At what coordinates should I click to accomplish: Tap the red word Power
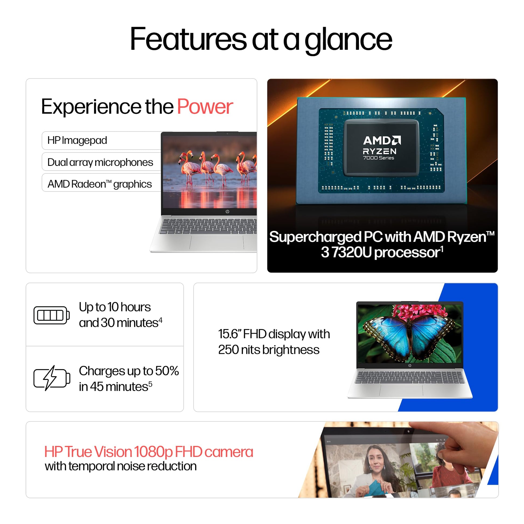(x=205, y=107)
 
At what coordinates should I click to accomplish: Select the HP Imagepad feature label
(x=77, y=141)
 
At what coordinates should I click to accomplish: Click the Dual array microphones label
(x=100, y=162)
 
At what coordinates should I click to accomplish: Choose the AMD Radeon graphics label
(x=100, y=184)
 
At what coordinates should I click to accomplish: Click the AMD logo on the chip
(x=382, y=140)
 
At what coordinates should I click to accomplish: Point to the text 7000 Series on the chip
(x=379, y=158)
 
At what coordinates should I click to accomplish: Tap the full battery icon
(x=51, y=315)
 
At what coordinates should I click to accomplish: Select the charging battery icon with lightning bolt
(x=51, y=378)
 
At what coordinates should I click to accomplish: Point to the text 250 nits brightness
(x=269, y=350)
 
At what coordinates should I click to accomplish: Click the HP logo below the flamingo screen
(x=227, y=212)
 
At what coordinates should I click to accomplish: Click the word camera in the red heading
(x=229, y=452)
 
